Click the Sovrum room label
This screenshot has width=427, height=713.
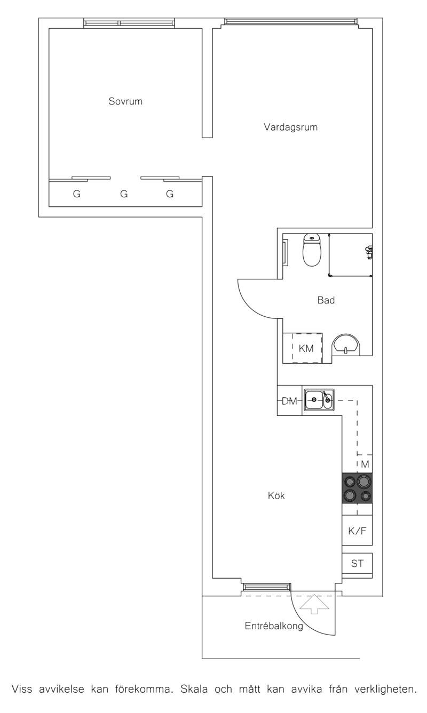coord(125,101)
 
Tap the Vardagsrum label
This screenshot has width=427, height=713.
coord(290,127)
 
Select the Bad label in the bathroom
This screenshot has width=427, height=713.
coord(326,300)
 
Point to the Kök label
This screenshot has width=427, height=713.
coord(276,495)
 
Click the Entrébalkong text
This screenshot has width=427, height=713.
coord(274,626)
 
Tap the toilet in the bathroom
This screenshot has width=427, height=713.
coord(312,250)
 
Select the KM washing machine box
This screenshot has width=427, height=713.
coord(306,348)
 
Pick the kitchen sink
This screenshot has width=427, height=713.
coord(319,400)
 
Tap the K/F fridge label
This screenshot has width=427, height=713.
coord(357,531)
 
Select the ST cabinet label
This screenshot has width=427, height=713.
coord(357,563)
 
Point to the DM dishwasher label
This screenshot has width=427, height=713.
coord(289,401)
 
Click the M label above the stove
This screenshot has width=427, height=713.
coord(365,464)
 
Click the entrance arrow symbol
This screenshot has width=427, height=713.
coord(314,604)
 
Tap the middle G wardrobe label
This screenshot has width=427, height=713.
coord(124,194)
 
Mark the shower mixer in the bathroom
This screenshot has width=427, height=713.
coord(369,252)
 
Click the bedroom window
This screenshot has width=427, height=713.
coord(129,23)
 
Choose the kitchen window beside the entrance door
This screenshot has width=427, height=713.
coord(267,587)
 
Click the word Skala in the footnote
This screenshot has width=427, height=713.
coord(194,690)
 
